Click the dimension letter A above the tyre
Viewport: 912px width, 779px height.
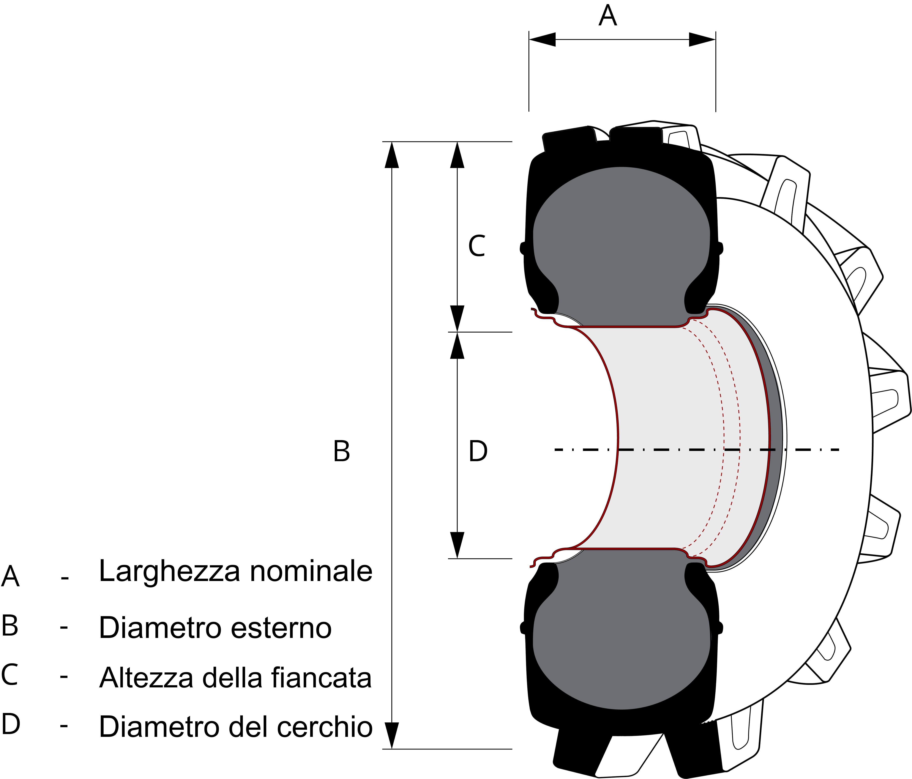[x=608, y=16]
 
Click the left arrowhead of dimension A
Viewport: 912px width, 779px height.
[x=542, y=39]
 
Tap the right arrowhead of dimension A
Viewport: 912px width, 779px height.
[x=702, y=39]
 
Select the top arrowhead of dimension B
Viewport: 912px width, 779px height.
[x=392, y=155]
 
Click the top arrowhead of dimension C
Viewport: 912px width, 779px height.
[x=457, y=155]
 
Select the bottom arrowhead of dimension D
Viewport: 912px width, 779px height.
[x=457, y=545]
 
